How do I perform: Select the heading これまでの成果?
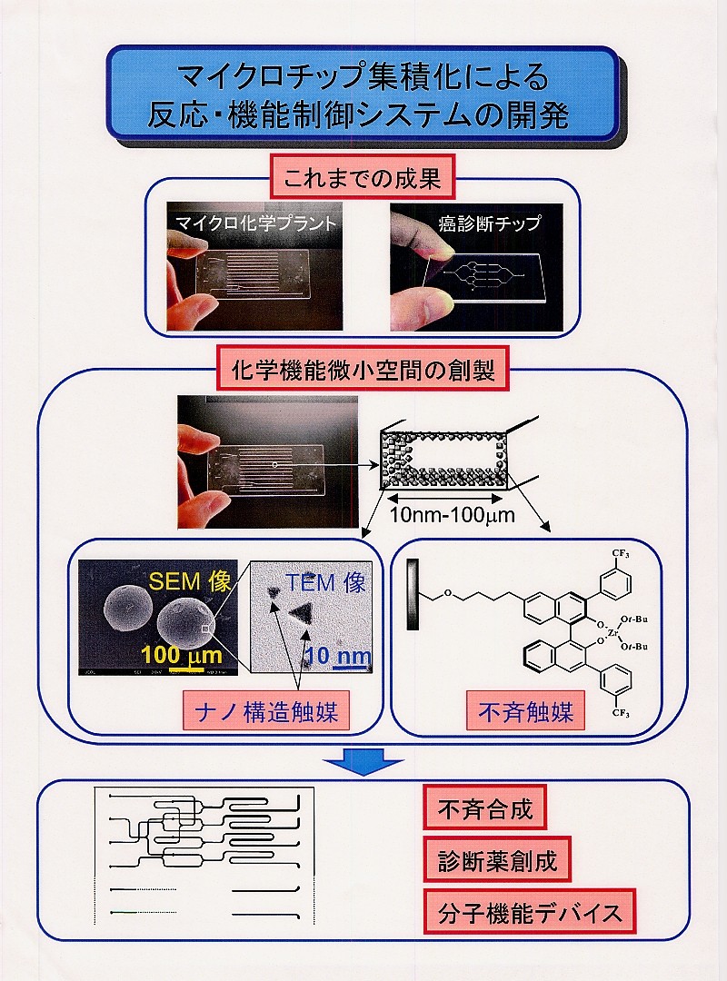(362, 177)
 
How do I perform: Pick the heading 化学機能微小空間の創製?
(363, 371)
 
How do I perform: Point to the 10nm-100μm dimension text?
(452, 515)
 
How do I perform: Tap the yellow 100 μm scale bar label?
(181, 655)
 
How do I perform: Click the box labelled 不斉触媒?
(525, 711)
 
